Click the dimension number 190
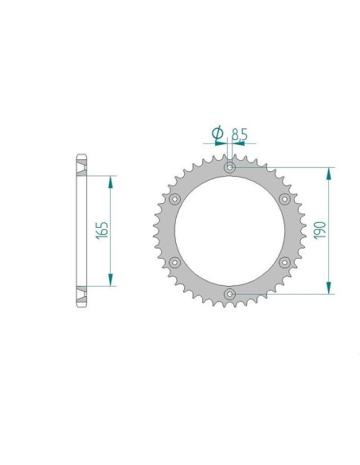click(318, 230)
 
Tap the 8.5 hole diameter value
click(240, 134)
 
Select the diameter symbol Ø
click(217, 133)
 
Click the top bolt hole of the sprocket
click(229, 168)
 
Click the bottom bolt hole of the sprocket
click(229, 294)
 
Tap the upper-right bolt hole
click(284, 199)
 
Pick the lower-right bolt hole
click(284, 262)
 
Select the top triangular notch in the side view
click(80, 170)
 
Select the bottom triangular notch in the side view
click(80, 291)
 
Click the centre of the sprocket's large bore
click(229, 231)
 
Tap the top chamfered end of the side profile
click(80, 155)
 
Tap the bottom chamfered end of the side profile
click(80, 305)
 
